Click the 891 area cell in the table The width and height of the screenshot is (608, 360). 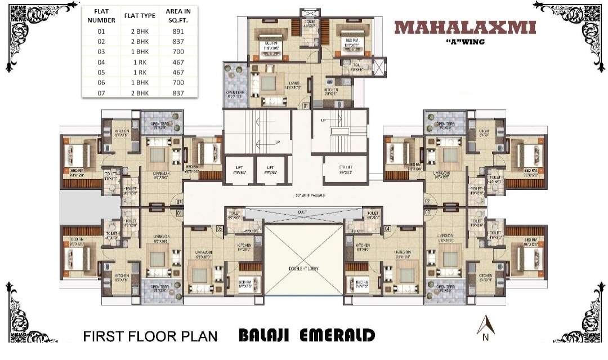pyautogui.click(x=178, y=32)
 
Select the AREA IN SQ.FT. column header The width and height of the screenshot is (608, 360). pyautogui.click(x=178, y=15)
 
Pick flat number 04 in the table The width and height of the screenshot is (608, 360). pyautogui.click(x=101, y=62)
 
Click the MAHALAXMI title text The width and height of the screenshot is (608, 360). pyautogui.click(x=465, y=27)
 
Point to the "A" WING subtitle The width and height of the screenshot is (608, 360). pyautogui.click(x=465, y=42)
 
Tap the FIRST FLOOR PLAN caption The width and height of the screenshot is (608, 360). pyautogui.click(x=150, y=336)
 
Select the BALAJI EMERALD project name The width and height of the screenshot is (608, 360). pyautogui.click(x=307, y=336)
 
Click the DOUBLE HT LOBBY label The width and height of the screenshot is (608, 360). pyautogui.click(x=304, y=269)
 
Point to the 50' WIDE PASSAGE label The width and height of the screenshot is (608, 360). pyautogui.click(x=304, y=195)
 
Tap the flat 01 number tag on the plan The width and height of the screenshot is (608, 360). pyautogui.click(x=306, y=105)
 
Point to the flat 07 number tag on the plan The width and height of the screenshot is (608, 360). pyautogui.click(x=180, y=201)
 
